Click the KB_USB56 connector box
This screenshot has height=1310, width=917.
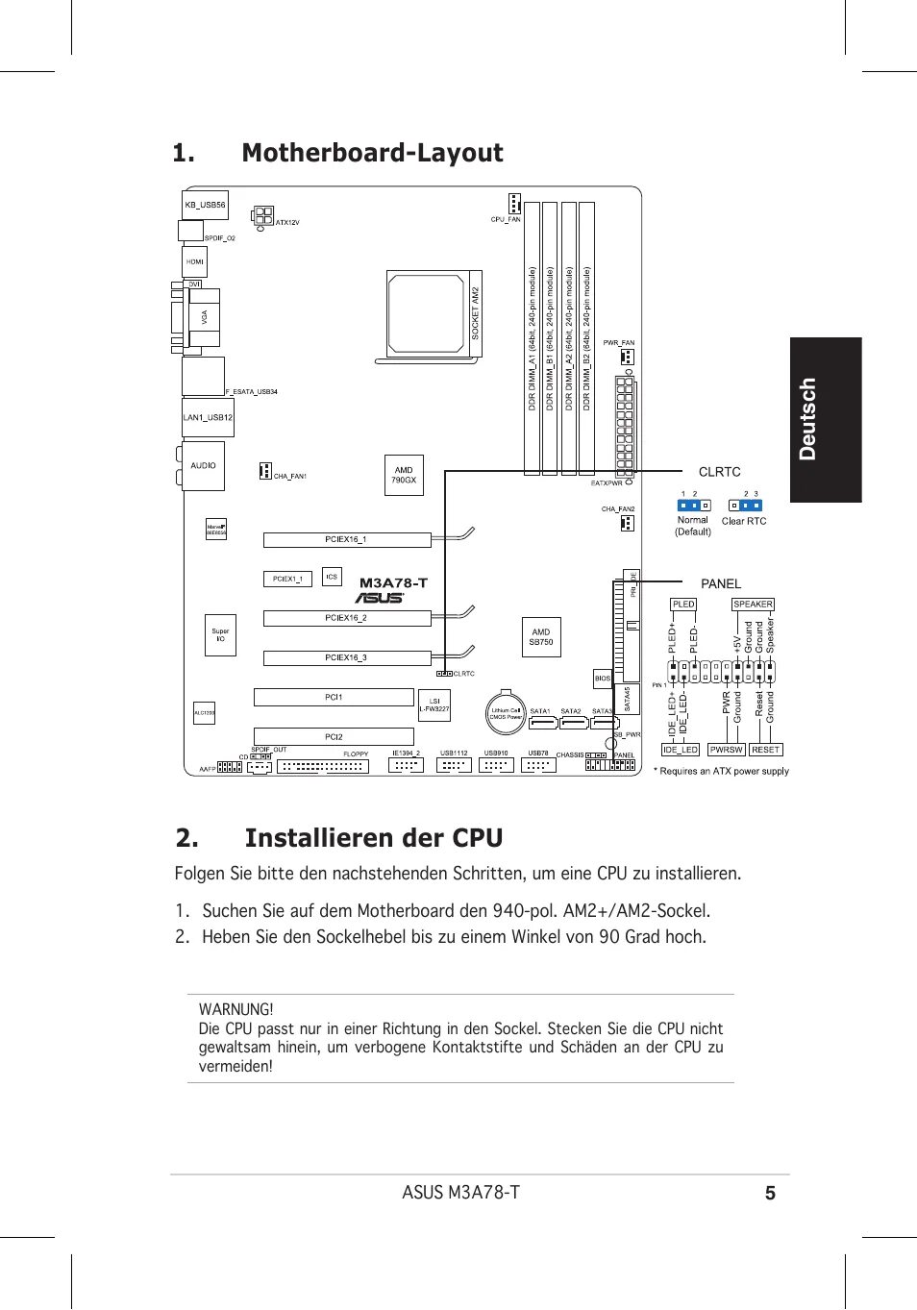tap(205, 205)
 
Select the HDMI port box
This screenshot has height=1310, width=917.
tap(195, 261)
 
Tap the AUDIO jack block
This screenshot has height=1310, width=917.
tap(203, 465)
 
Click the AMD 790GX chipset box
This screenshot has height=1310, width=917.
tap(404, 475)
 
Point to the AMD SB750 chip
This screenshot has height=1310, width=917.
tap(541, 637)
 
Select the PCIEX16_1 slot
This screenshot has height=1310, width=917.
tap(347, 540)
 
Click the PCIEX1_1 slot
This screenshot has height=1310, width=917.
tap(287, 579)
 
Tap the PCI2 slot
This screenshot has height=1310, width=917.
tap(334, 737)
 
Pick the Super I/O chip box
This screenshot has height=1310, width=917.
tap(220, 635)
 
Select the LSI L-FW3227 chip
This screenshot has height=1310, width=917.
tap(434, 705)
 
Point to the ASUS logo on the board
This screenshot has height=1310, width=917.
tap(380, 598)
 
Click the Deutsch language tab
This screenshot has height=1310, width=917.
tap(826, 419)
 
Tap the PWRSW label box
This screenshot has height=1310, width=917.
tap(726, 750)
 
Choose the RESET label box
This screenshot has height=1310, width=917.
tap(766, 750)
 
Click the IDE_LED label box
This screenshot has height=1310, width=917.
tap(681, 750)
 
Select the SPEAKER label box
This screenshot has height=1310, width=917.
tap(753, 605)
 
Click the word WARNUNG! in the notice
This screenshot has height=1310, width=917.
tap(235, 1009)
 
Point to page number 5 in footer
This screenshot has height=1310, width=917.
tap(770, 1194)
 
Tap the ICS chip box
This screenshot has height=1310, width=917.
tap(332, 577)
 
